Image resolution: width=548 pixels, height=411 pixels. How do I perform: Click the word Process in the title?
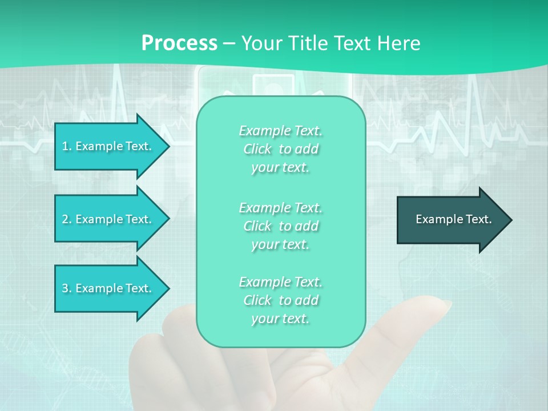click(x=179, y=43)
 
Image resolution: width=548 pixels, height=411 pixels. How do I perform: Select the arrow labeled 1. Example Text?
click(x=108, y=146)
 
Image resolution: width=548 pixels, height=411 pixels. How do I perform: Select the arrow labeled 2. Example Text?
click(x=108, y=219)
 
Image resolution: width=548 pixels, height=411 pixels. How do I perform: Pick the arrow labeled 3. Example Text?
click(x=108, y=288)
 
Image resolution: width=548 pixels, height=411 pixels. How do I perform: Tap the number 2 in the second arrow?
click(x=65, y=219)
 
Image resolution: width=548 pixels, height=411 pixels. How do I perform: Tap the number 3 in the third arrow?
click(x=65, y=288)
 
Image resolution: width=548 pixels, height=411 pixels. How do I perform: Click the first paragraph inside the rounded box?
click(x=280, y=149)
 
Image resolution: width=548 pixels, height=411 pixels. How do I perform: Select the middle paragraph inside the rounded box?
click(x=280, y=226)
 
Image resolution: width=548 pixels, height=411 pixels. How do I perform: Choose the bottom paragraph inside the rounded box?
click(x=280, y=300)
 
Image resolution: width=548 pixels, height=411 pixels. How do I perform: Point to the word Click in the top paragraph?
click(x=257, y=149)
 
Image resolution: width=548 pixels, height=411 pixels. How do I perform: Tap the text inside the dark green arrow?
click(x=453, y=219)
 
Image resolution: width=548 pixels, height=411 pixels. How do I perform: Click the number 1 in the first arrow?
click(x=65, y=146)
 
